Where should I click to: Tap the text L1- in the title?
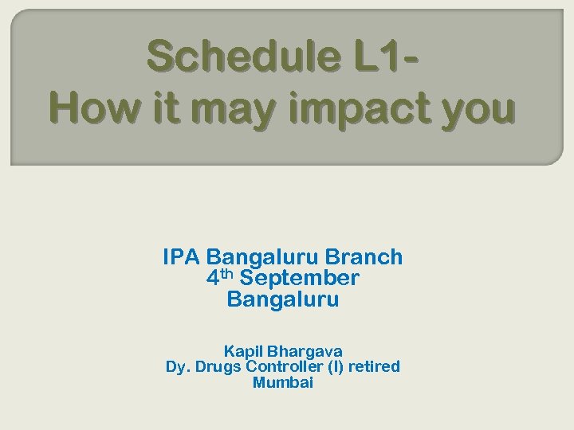(x=381, y=57)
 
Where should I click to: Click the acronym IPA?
(x=181, y=257)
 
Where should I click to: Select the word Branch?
(x=366, y=257)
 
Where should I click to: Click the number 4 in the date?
(x=212, y=279)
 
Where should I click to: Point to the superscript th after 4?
(x=226, y=274)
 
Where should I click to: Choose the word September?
(x=299, y=279)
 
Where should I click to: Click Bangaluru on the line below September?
(x=283, y=300)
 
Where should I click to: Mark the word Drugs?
(x=217, y=367)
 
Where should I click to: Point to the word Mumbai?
(x=283, y=383)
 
